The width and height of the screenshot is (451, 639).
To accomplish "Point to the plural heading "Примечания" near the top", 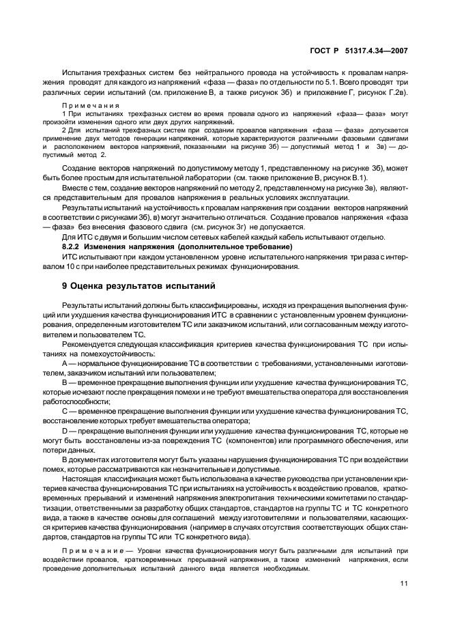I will (x=91, y=106).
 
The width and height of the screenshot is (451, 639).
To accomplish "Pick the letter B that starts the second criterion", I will (x=64, y=384).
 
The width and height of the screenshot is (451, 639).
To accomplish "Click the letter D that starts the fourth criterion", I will (x=65, y=431).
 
